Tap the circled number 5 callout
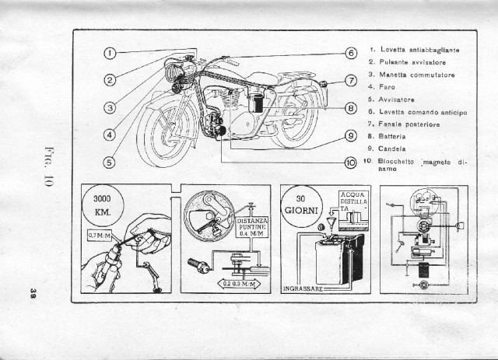pyautogui.click(x=110, y=162)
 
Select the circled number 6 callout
pyautogui.click(x=350, y=53)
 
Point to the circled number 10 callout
pyautogui.click(x=350, y=162)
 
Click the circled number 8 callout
pyautogui.click(x=350, y=107)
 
